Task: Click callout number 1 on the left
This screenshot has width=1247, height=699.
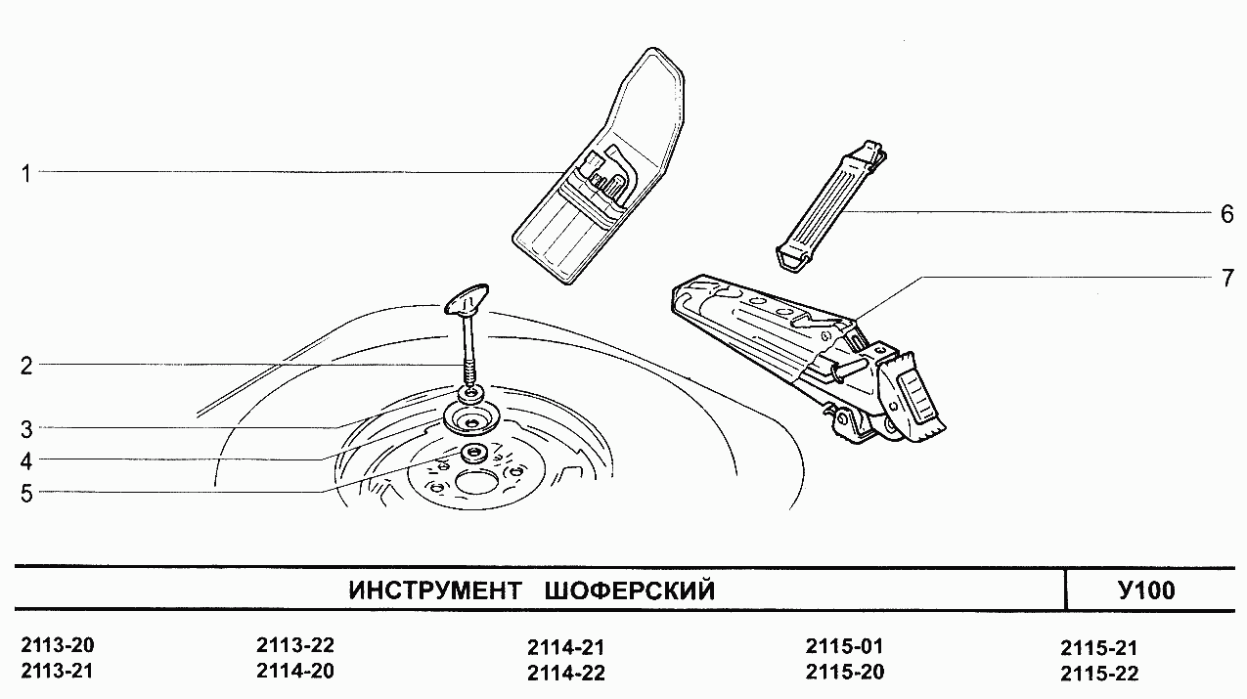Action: coord(27,174)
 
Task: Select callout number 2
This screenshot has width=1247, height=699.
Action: coord(27,367)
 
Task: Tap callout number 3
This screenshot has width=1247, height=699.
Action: coord(27,428)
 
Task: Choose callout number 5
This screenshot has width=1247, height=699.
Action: coord(27,494)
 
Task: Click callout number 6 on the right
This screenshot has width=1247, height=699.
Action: coord(1226,214)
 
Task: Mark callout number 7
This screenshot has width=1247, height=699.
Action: coord(1226,278)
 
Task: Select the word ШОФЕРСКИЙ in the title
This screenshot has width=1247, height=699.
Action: coord(627,591)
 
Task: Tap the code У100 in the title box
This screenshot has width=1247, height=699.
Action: coord(1145,590)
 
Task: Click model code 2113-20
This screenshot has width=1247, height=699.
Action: coord(59,646)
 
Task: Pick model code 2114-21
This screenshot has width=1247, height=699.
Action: coord(565,647)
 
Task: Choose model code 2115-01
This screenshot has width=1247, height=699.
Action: coord(844,646)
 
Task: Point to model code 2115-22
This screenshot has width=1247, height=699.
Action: coord(1098,673)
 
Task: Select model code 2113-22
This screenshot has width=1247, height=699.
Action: coord(294,646)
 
